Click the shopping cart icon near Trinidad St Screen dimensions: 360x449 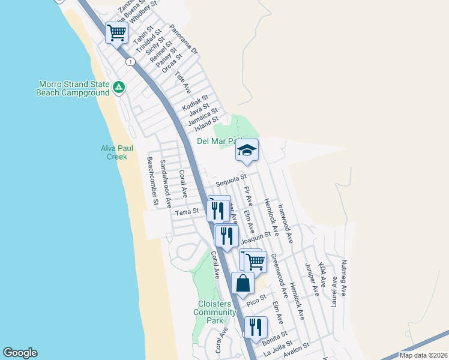pos(116,32)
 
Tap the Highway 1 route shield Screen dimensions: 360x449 pos(130,62)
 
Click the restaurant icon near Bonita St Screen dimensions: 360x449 pos(256,327)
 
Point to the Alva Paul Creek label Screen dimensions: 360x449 pos(113,152)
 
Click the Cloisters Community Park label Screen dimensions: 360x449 pos(214,312)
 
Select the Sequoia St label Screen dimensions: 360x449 pos(232,178)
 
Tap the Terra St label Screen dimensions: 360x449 pos(186,212)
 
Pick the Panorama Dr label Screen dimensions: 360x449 pos(183,40)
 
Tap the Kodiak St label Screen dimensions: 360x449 pos(195,102)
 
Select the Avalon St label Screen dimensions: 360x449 pos(296,349)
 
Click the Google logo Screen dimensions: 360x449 pos(20,353)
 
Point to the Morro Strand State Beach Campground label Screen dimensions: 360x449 pos(74,88)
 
